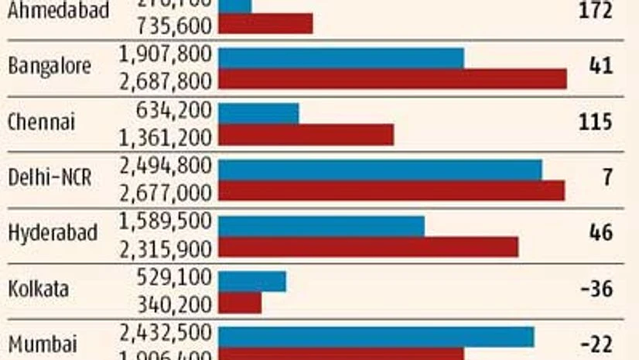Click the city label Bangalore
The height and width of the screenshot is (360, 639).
[50, 67]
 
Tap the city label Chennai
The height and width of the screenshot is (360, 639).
[41, 122]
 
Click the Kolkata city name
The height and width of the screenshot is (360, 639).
[38, 290]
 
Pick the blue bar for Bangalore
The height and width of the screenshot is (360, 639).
[341, 58]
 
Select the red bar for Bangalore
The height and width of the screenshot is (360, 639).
[392, 79]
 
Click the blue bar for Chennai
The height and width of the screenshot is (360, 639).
[258, 113]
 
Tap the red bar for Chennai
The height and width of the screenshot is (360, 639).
[306, 135]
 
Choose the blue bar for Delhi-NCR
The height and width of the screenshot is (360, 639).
[380, 170]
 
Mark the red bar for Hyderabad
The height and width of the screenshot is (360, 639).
[368, 247]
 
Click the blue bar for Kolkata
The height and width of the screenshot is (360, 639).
[252, 281]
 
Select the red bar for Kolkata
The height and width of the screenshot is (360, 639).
[240, 302]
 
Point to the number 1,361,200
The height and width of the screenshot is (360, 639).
[166, 136]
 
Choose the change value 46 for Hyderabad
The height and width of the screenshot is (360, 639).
[600, 233]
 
